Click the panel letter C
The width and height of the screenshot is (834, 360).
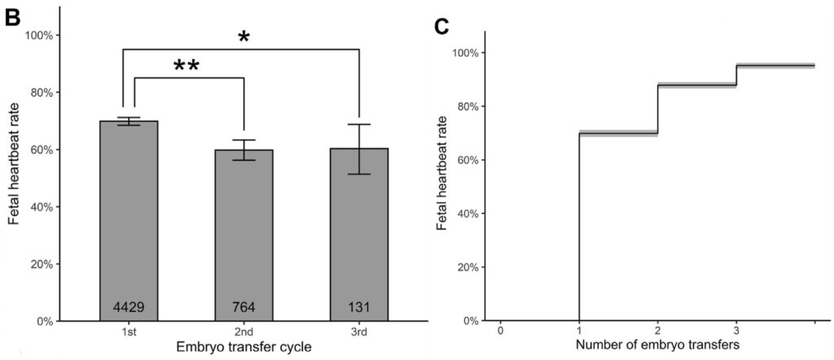(x=442, y=26)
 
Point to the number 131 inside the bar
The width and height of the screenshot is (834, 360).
(x=359, y=307)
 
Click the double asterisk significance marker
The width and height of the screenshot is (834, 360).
(x=187, y=67)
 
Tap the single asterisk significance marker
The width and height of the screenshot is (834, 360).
(x=243, y=37)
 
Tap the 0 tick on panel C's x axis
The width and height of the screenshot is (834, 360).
(x=500, y=331)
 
